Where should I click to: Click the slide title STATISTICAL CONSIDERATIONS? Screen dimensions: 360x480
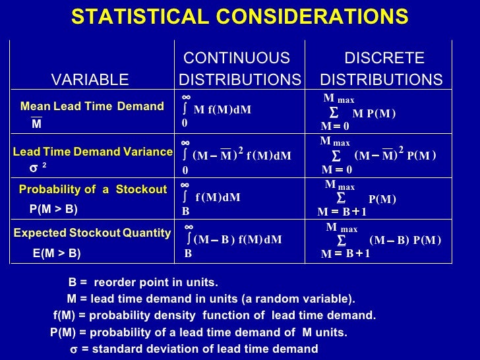(239, 16)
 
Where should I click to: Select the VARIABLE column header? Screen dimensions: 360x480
(90, 80)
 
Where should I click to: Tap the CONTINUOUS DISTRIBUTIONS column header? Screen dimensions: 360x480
(239, 69)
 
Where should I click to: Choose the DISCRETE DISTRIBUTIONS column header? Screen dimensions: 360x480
(381, 69)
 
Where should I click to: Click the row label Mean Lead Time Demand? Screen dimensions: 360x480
(92, 106)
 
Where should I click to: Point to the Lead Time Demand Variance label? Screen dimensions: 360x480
(92, 152)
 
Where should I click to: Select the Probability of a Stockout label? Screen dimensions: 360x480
(92, 190)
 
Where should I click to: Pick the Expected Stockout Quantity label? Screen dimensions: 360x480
(92, 233)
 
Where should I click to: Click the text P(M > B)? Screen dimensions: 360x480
(54, 210)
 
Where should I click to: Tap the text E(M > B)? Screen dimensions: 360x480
(57, 253)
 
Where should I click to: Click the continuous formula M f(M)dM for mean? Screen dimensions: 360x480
(222, 109)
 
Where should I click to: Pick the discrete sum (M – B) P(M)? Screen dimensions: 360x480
(405, 240)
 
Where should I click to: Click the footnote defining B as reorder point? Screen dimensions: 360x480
(142, 283)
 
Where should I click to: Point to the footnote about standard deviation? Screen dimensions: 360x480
(195, 349)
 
